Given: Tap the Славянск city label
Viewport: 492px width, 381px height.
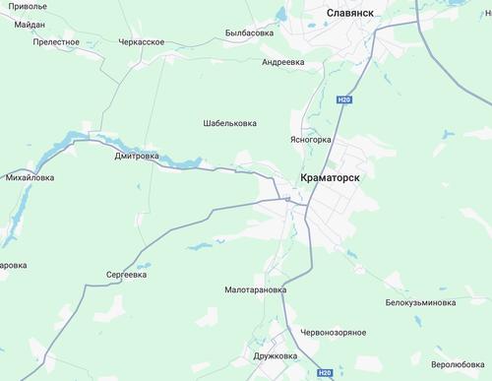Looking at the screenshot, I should [x=354, y=14].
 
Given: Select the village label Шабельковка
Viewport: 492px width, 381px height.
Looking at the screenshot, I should [x=229, y=123].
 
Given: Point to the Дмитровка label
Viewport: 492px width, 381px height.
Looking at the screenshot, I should [x=136, y=156].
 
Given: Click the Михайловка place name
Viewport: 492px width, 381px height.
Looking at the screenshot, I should [x=31, y=178].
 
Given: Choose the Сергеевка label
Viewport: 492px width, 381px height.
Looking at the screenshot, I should [x=127, y=276].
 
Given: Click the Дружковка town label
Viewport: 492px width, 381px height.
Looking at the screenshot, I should [x=276, y=355].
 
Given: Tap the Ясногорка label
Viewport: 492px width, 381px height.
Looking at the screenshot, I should [x=311, y=140].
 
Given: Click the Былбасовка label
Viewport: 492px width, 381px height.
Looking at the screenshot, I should [x=249, y=32].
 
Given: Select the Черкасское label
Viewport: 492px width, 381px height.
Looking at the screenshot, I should [x=143, y=43].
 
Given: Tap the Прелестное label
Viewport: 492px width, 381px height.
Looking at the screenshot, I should [x=56, y=42].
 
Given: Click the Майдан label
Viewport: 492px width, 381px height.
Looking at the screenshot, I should [x=31, y=23].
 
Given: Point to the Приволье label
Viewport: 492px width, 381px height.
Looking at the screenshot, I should [x=23, y=5].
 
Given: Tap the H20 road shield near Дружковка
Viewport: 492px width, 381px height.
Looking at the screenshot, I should [x=326, y=374].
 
